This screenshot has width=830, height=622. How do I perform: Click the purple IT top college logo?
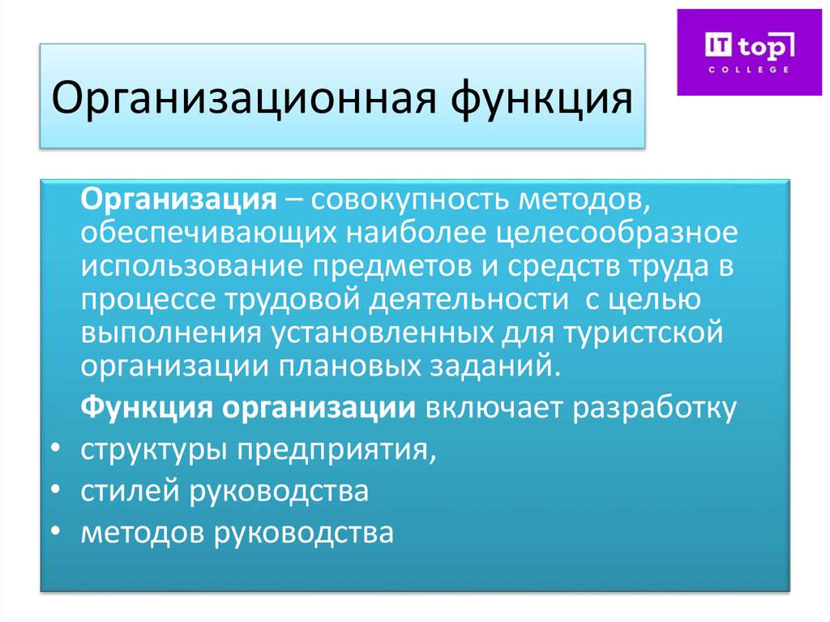pyautogui.click(x=749, y=52)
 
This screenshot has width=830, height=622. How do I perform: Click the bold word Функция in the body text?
pyautogui.click(x=145, y=409)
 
